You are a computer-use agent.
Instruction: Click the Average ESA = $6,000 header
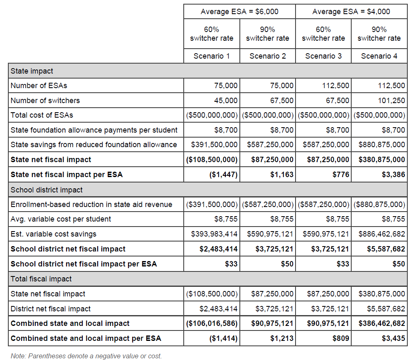click(x=239, y=12)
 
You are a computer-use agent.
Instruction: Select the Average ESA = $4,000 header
click(x=351, y=12)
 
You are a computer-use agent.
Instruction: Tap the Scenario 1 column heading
click(x=212, y=56)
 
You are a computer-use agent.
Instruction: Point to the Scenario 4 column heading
click(x=379, y=56)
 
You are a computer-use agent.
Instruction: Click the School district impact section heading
click(x=47, y=190)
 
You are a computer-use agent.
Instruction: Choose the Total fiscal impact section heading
click(x=41, y=279)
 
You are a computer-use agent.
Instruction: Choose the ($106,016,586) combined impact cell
click(x=212, y=323)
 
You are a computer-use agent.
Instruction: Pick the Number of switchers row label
click(x=45, y=101)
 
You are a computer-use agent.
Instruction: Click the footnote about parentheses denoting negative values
click(x=86, y=355)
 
